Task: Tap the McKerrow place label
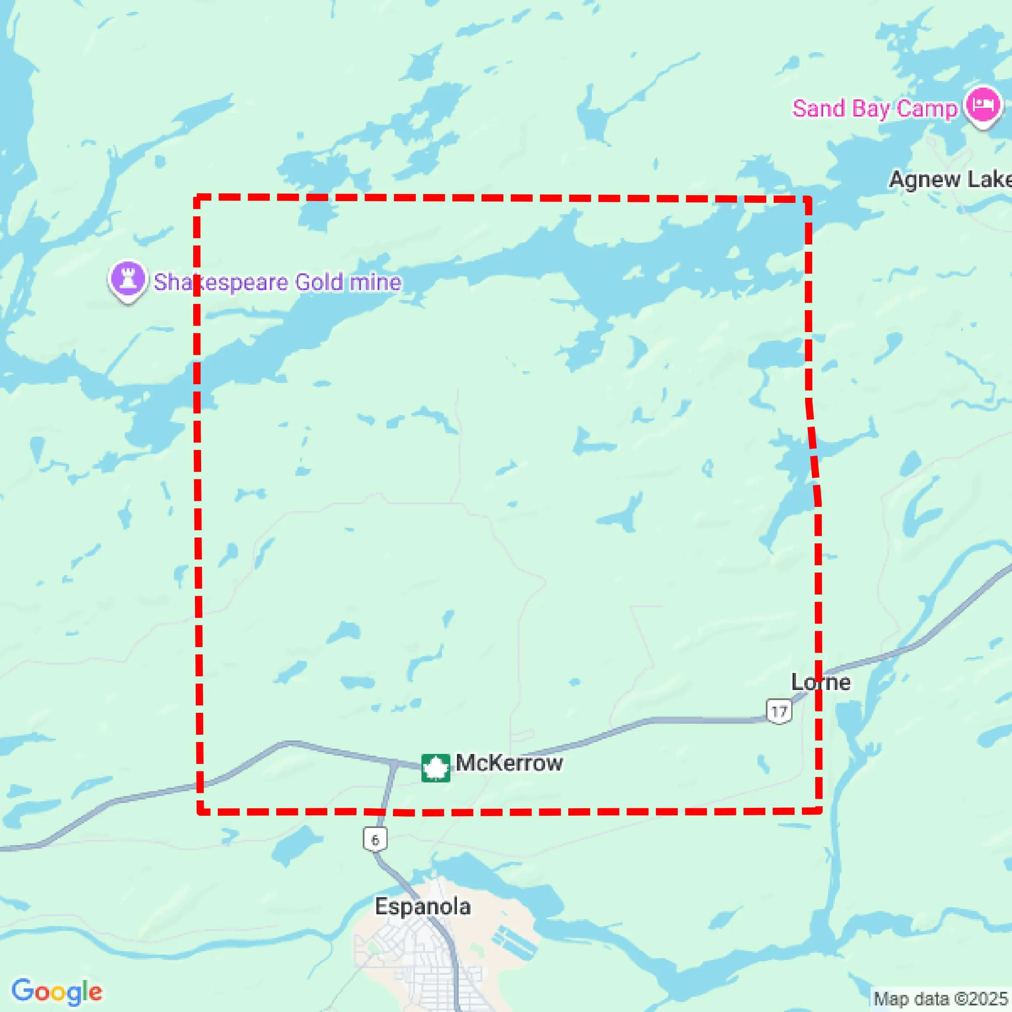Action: tap(509, 763)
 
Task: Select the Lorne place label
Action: tap(820, 683)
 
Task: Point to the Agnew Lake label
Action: tap(950, 180)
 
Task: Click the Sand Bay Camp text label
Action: tap(874, 109)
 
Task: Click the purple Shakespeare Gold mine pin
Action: tap(127, 279)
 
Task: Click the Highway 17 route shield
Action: tap(779, 711)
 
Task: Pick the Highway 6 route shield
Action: tap(375, 840)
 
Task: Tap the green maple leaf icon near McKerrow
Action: tap(436, 768)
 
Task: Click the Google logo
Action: tap(57, 991)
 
